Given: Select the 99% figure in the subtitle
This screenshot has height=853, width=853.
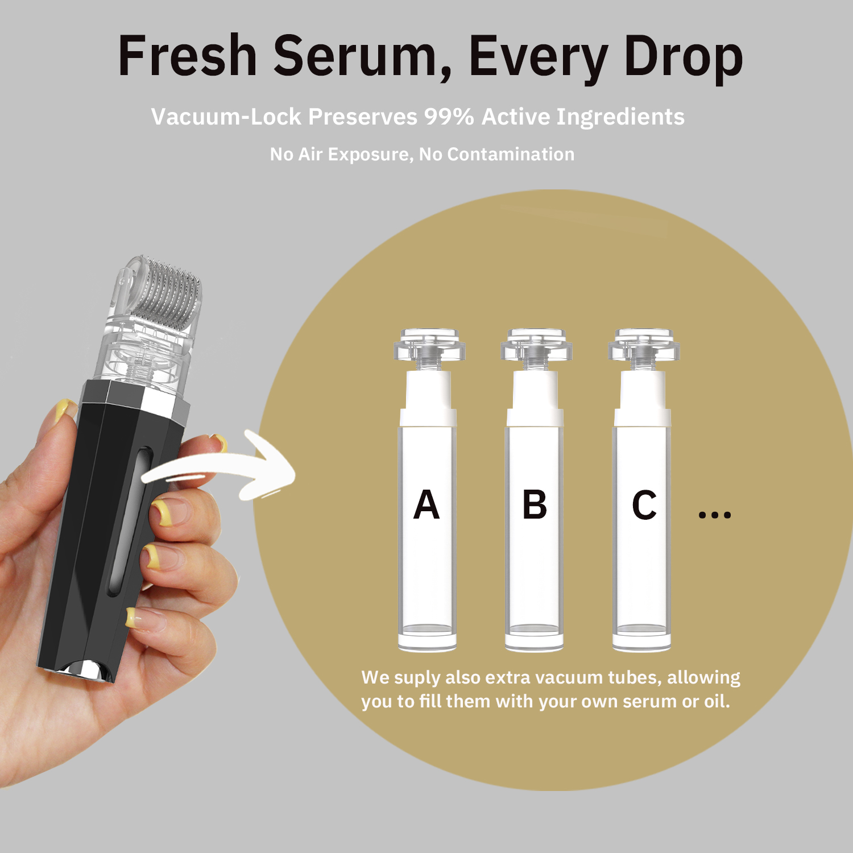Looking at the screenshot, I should coord(449,117).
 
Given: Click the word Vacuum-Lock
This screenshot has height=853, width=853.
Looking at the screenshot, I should coord(226,117).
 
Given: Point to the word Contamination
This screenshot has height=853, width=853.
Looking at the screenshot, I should coord(511,154).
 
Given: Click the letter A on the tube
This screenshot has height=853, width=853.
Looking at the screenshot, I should coord(426,505).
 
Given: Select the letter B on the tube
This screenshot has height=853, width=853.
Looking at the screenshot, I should coord(535,505).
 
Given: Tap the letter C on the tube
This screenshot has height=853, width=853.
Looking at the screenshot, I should coord(644,505).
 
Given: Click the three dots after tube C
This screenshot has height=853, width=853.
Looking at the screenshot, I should coord(714,515).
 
